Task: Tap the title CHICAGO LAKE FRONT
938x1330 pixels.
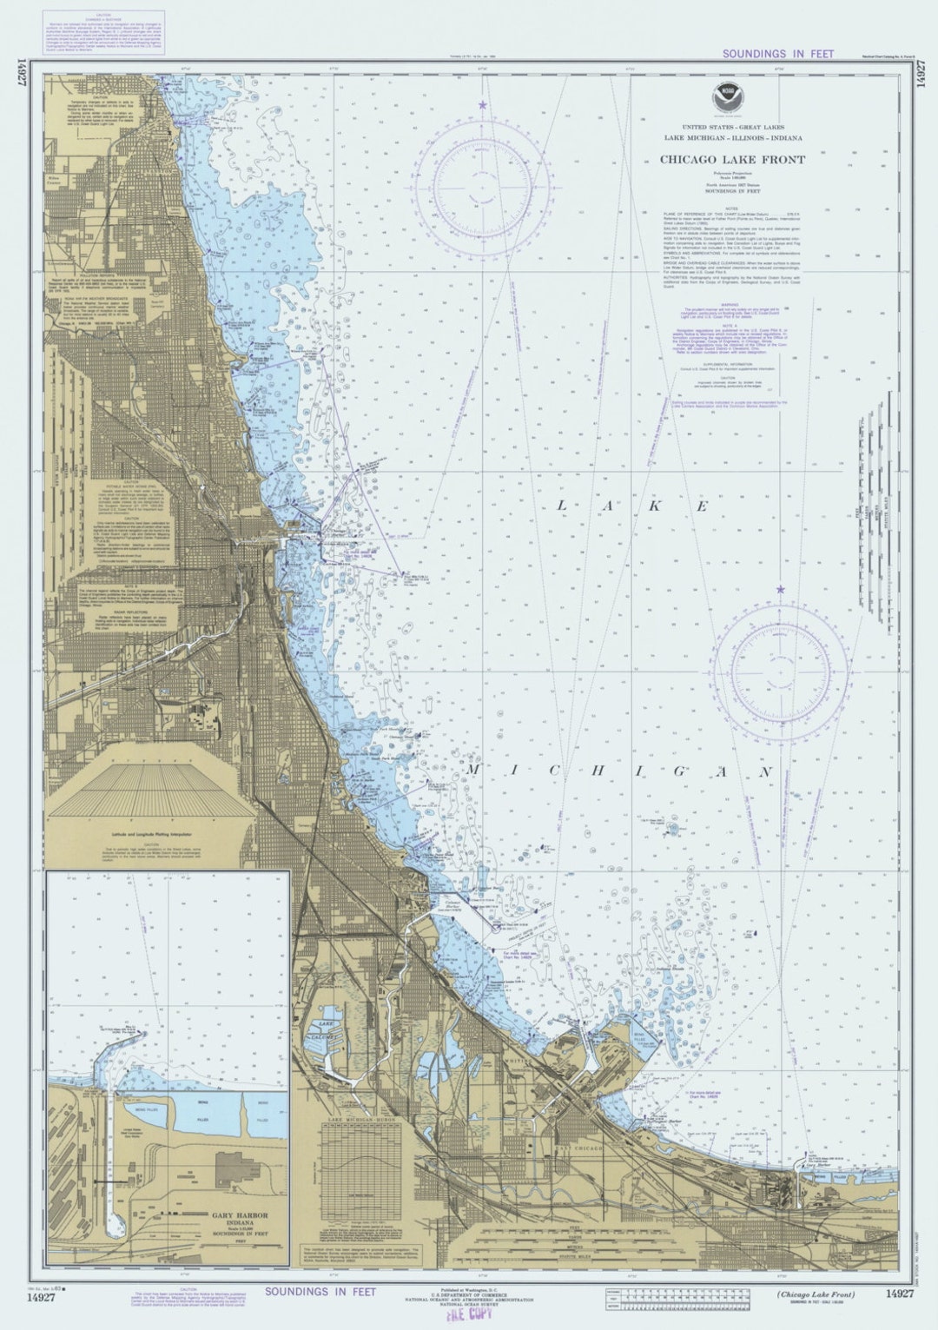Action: click(x=720, y=160)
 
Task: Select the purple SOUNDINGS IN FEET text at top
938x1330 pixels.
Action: click(x=777, y=54)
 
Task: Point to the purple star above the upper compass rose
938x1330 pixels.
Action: click(x=481, y=105)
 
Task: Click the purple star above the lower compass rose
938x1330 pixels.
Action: click(x=780, y=590)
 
